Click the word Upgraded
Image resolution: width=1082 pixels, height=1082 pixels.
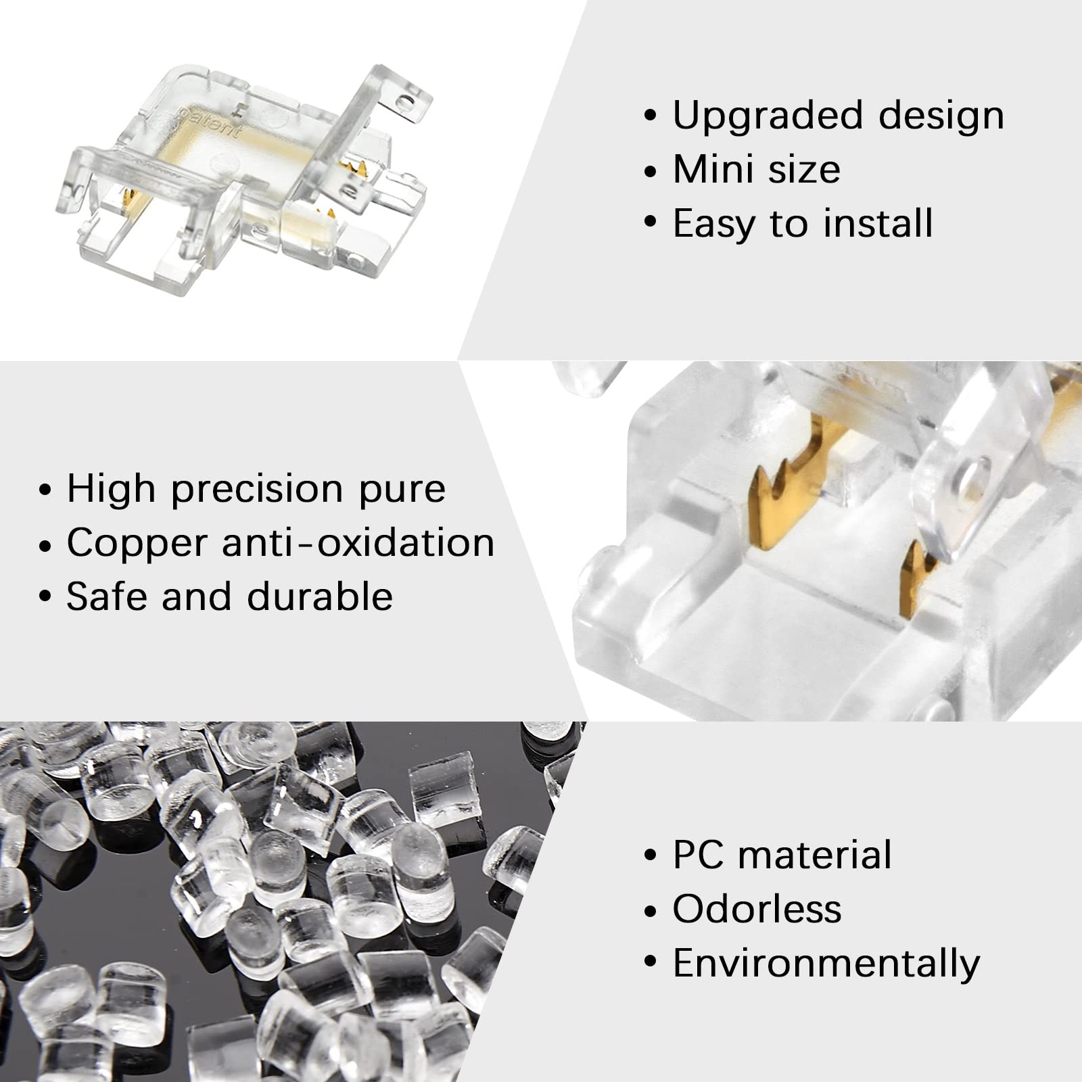pyautogui.click(x=768, y=116)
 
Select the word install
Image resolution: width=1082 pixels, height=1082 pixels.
pyautogui.click(x=878, y=223)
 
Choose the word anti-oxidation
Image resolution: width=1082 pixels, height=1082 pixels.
pyautogui.click(x=358, y=543)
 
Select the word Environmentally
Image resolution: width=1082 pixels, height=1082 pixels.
pyautogui.click(x=826, y=964)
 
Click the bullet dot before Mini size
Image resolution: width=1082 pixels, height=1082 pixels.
pyautogui.click(x=651, y=170)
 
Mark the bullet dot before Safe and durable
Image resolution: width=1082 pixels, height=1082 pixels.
pyautogui.click(x=45, y=598)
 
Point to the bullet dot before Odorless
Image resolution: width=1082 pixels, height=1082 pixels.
pyautogui.click(x=651, y=910)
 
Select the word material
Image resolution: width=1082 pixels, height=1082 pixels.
pyautogui.click(x=815, y=855)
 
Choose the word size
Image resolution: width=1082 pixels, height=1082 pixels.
pyautogui.click(x=805, y=169)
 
